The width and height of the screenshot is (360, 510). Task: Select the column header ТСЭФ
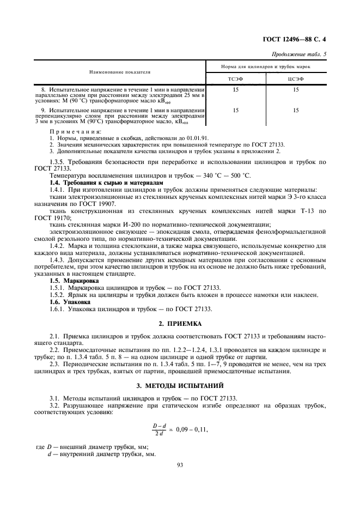(235, 80)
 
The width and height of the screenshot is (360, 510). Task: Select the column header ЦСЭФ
(295, 80)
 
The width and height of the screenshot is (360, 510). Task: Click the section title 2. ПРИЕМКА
(180, 324)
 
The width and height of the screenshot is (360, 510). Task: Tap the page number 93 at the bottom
(180, 465)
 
